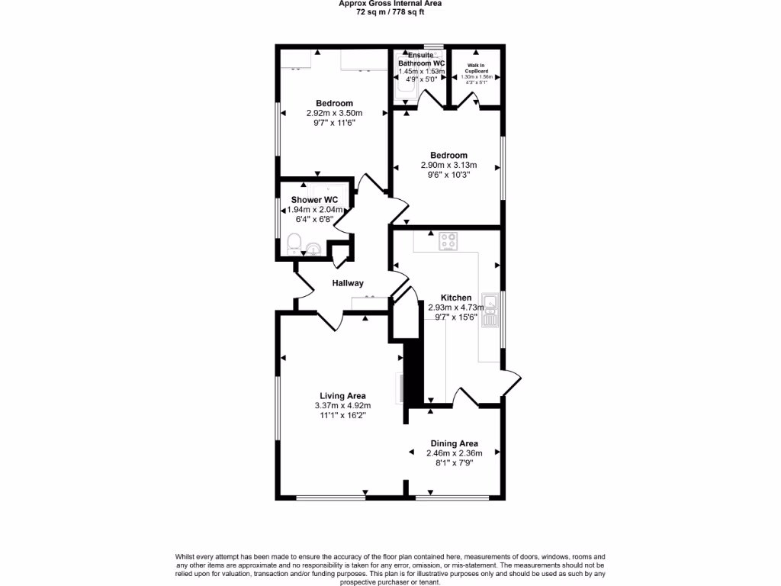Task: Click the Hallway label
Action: (x=347, y=284)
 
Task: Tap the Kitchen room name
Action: (x=456, y=298)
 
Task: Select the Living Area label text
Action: (x=342, y=396)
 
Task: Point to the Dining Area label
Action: (x=454, y=443)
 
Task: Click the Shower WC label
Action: (x=309, y=200)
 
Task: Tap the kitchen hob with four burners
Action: (x=448, y=242)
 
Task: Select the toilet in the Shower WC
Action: (x=294, y=245)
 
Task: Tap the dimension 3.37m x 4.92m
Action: (x=342, y=406)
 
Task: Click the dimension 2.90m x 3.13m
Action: (x=448, y=165)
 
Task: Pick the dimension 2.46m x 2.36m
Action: (x=454, y=453)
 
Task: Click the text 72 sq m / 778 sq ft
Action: (x=390, y=11)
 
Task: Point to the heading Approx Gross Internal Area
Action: (x=390, y=4)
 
